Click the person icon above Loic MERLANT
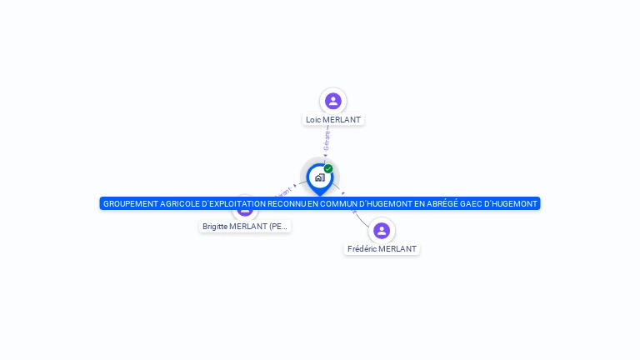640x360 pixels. pos(333,101)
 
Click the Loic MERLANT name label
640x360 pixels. pos(333,119)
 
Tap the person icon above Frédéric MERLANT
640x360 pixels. pos(382,230)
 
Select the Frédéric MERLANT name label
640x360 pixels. pos(382,248)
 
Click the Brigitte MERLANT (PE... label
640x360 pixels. pos(245,226)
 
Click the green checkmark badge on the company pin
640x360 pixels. pos(328,168)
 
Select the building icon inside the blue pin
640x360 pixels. pos(319,177)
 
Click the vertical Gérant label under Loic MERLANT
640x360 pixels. pos(327,140)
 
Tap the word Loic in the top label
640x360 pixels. pos(313,119)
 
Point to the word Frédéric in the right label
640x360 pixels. pos(364,248)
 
